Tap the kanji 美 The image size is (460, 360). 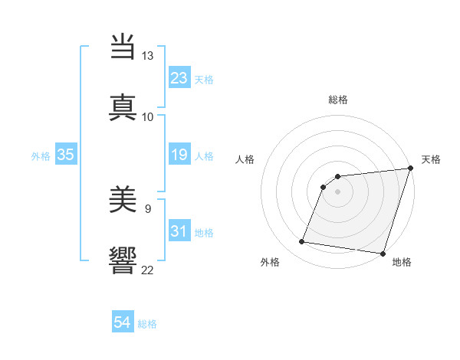124,201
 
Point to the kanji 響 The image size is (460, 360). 124,260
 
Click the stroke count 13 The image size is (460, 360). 147,56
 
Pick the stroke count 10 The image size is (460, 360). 147,116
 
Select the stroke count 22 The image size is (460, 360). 147,269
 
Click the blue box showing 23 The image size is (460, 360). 179,78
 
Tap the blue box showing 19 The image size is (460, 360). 179,155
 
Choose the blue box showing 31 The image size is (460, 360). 179,231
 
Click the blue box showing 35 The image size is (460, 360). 65,155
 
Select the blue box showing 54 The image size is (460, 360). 122,323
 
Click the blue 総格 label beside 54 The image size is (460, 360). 147,324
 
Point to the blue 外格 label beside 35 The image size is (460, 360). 41,156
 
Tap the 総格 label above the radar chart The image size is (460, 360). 338,100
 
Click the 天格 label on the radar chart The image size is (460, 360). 431,159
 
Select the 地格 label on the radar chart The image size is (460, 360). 402,262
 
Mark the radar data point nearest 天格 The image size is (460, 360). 410,169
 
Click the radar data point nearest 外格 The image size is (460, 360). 302,242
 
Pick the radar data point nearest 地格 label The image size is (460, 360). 383,254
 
